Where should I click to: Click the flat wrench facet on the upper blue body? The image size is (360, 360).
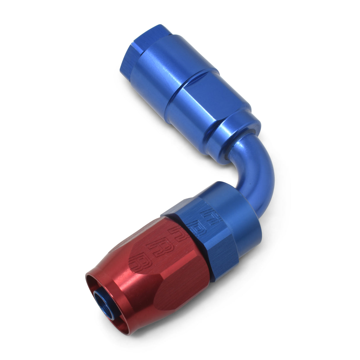tap(208, 98)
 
